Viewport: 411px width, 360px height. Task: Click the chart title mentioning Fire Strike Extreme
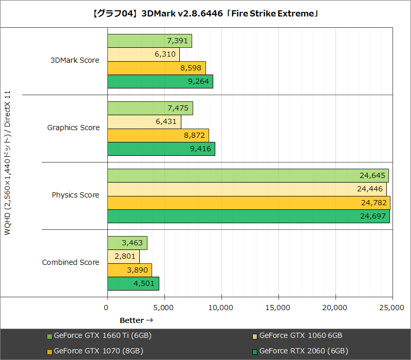point(205,13)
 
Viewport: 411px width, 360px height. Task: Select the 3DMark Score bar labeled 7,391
point(150,41)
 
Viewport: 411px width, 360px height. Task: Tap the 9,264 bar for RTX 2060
point(160,82)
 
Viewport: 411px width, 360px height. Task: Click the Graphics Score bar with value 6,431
point(144,122)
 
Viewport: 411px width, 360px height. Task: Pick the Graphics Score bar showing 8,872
point(158,135)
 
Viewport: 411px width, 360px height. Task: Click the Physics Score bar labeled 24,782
point(249,203)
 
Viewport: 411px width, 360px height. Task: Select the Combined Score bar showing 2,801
point(123,257)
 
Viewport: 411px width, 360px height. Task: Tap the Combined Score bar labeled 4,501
point(133,284)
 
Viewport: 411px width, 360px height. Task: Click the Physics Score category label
point(75,195)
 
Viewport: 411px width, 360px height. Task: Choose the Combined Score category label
point(70,262)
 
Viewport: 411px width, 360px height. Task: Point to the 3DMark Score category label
point(74,60)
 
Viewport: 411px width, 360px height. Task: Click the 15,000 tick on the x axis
point(278,307)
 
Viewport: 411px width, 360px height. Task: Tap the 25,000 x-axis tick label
point(392,307)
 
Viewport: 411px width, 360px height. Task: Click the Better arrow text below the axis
point(136,320)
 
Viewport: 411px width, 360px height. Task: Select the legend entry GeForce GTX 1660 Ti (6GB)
point(99,336)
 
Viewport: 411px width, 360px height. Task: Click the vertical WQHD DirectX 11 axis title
point(7,164)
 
